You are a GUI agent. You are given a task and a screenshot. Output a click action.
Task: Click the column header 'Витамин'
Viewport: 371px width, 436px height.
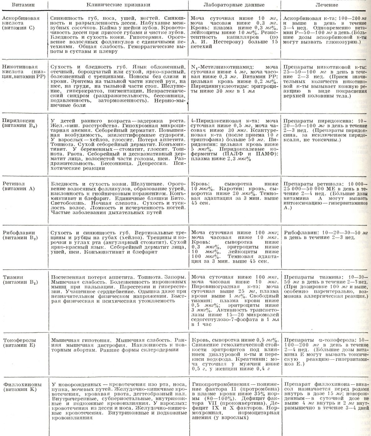click(x=24, y=5)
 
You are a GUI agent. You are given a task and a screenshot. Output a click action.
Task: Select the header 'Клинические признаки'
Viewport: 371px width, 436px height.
click(x=118, y=5)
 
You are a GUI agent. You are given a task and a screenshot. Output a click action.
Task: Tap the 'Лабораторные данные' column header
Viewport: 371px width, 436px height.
click(x=234, y=5)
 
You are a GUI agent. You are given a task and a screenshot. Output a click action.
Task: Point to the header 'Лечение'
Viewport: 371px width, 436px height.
click(x=325, y=5)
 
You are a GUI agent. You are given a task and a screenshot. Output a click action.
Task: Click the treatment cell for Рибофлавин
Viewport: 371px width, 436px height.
click(x=325, y=235)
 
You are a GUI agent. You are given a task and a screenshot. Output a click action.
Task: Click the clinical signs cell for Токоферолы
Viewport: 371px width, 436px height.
click(x=118, y=345)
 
